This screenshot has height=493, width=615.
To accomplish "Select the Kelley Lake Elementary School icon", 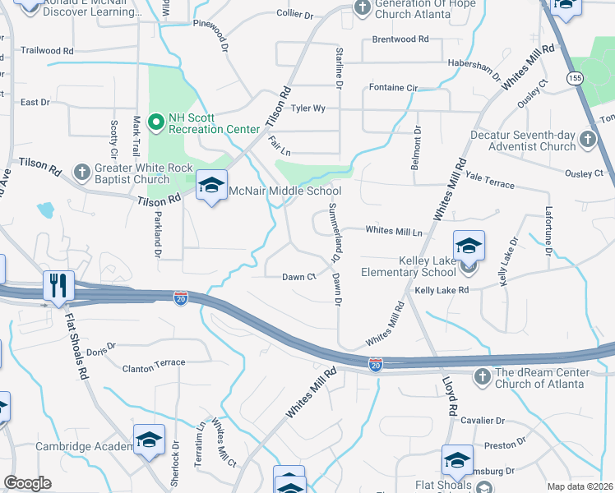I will (x=469, y=246).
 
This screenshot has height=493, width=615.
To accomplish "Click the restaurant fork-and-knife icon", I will (x=58, y=286).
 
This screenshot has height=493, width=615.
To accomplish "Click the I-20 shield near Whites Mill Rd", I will (x=376, y=362).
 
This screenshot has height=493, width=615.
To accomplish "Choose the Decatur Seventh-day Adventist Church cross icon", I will (x=587, y=139).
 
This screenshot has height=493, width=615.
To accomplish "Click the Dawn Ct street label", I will (x=299, y=277).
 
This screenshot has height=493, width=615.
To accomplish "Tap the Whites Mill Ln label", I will (x=393, y=232).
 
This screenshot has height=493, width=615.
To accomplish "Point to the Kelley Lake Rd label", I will (x=442, y=290).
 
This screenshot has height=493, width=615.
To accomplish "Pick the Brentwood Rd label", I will (x=400, y=39).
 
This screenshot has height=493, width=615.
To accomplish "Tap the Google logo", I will (x=27, y=483).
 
